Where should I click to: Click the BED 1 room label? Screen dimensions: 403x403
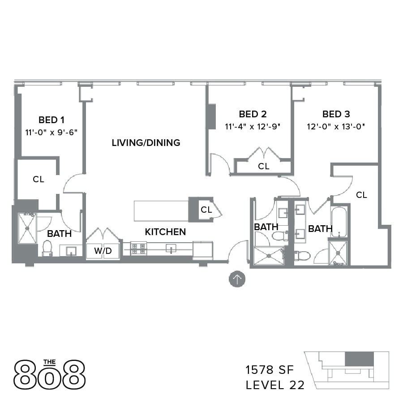(51, 120)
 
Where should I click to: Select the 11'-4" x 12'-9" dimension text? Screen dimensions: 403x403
(253, 126)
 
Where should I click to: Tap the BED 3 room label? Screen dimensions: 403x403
(336, 114)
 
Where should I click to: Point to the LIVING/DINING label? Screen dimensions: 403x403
(146, 143)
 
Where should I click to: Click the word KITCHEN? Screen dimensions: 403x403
(165, 232)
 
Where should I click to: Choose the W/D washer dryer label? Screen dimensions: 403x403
(103, 251)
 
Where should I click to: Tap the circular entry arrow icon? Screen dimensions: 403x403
(237, 279)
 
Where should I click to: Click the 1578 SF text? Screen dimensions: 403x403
(269, 370)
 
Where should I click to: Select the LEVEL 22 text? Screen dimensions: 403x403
(275, 385)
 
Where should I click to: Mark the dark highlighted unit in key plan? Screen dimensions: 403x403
(360, 359)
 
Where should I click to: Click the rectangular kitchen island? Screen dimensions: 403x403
(161, 211)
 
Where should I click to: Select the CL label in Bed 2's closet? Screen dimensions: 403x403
(264, 166)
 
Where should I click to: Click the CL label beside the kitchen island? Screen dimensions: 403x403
(206, 210)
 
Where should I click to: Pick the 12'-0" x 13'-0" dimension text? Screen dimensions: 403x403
(336, 126)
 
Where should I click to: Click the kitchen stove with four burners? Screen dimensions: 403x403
(138, 248)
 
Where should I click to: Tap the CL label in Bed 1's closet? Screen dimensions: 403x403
(39, 179)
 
